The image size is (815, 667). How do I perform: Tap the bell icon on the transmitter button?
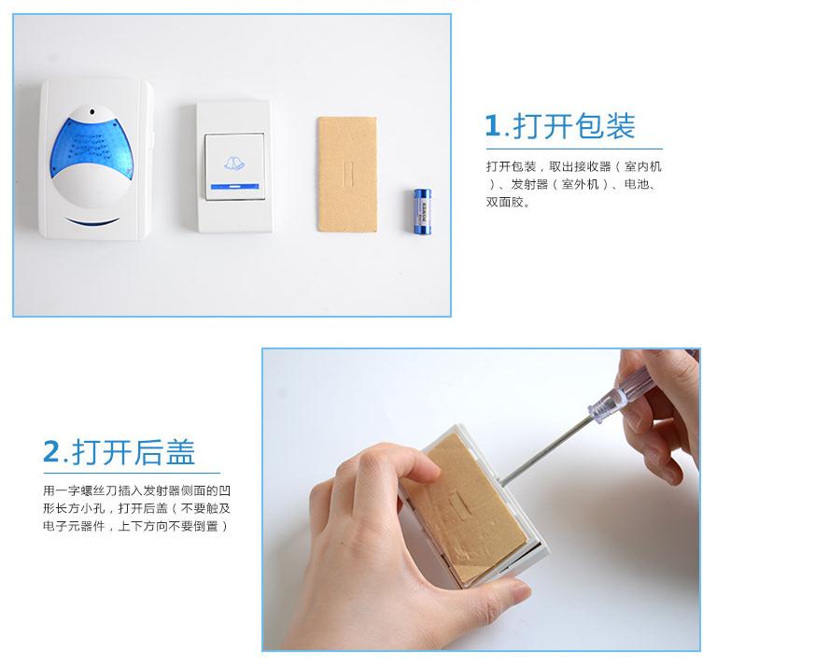(x=232, y=164)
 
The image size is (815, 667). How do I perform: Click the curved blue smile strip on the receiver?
(x=92, y=222)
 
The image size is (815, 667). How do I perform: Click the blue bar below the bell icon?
(x=232, y=187)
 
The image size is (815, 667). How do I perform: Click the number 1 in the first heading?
(x=493, y=126)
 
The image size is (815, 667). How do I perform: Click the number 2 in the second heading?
(x=51, y=452)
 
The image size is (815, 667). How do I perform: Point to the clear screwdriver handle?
(x=611, y=397)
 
